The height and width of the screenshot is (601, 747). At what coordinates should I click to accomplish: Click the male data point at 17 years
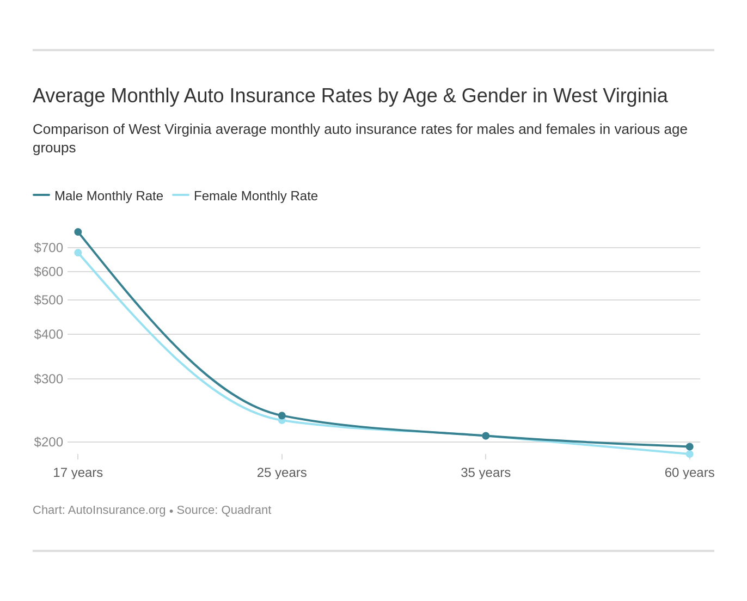tap(78, 232)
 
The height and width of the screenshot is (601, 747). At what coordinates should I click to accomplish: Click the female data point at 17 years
tap(78, 253)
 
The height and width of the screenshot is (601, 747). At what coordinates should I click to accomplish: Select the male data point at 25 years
tap(282, 415)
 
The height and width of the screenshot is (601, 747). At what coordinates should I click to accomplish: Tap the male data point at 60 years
tap(689, 446)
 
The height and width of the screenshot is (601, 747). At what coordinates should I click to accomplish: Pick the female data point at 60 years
tap(689, 454)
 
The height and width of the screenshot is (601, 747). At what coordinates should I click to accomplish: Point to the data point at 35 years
tap(486, 436)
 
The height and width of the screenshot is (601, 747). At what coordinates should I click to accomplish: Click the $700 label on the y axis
tap(48, 248)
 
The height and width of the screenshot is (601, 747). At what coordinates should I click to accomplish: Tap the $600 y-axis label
tap(48, 272)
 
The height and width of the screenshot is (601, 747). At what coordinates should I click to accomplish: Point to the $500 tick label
tap(48, 300)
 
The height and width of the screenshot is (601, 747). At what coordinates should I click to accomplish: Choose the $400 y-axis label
tap(48, 334)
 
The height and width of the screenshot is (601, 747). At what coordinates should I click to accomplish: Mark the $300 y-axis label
tap(48, 379)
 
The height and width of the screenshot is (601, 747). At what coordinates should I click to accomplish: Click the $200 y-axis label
tap(48, 442)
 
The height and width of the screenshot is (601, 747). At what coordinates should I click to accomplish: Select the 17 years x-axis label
tap(78, 473)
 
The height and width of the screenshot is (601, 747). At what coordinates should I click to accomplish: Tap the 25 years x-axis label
tap(282, 473)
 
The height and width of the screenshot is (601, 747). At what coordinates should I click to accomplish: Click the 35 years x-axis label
tap(486, 473)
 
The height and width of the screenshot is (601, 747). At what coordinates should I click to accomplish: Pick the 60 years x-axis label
tap(689, 473)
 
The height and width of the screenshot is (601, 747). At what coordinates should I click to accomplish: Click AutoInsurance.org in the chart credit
tap(117, 510)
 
